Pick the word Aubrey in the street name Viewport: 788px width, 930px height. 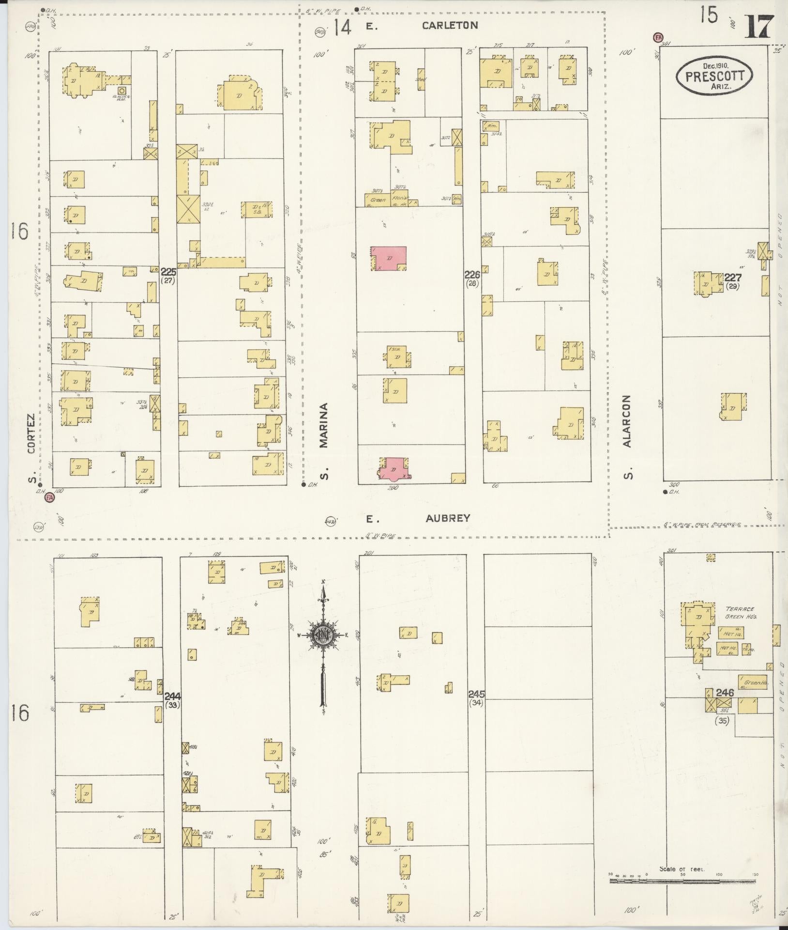(448, 518)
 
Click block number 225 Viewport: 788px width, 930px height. (169, 272)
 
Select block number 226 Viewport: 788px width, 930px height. (472, 274)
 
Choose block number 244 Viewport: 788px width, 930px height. (172, 696)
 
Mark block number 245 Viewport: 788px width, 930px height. (476, 694)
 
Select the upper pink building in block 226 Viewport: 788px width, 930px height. (389, 258)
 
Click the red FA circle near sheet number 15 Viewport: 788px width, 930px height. (657, 37)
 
